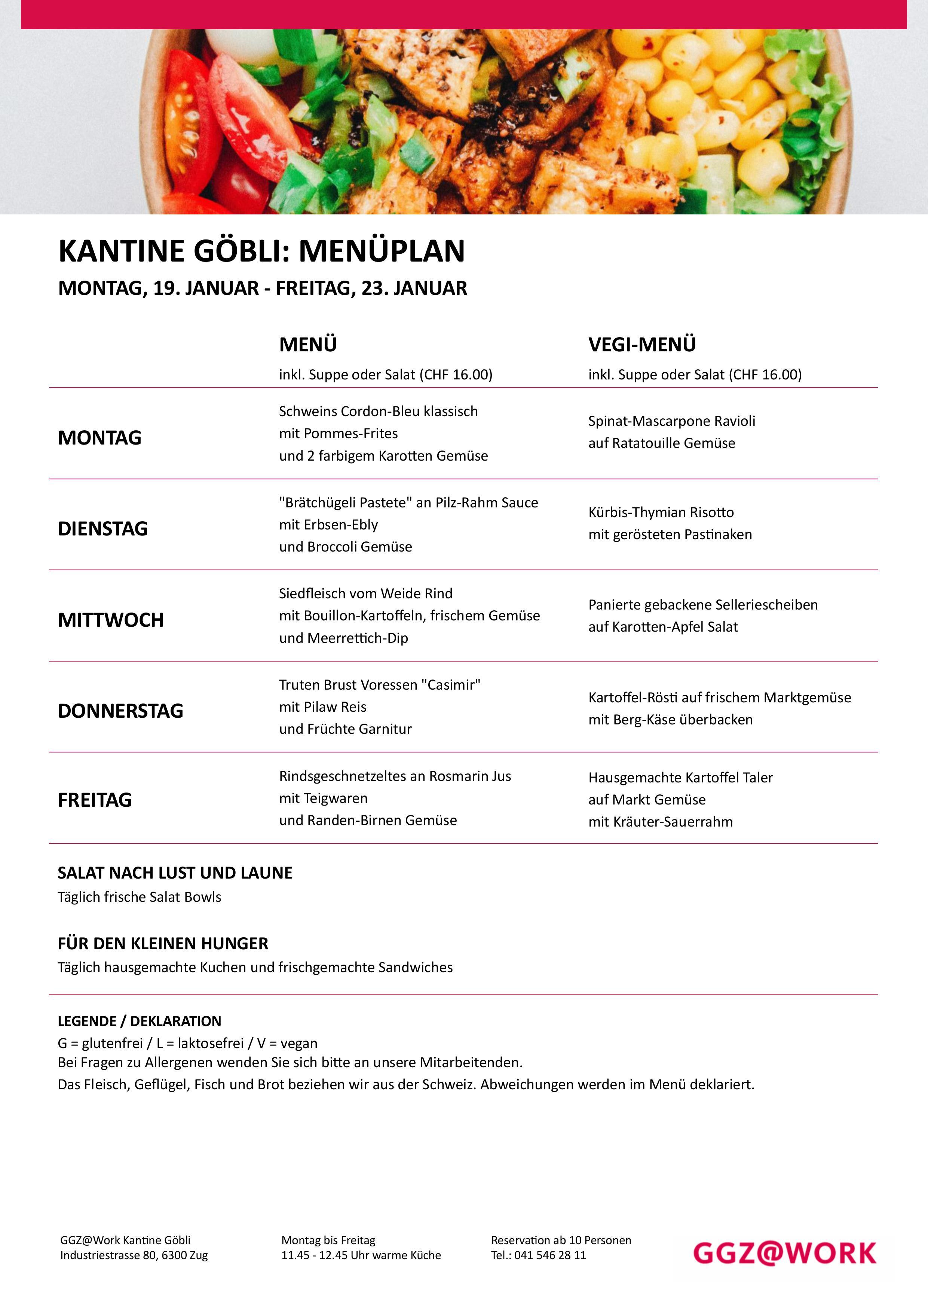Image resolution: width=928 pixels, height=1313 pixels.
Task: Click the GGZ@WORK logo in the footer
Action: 784,1253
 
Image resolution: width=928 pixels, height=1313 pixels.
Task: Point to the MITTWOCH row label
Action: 111,620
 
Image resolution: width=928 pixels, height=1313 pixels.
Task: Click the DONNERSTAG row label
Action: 121,711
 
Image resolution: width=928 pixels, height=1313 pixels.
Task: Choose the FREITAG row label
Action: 95,800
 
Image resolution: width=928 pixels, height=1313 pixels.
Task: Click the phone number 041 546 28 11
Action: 550,1255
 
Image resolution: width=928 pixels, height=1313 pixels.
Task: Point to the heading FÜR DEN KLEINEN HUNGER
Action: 163,944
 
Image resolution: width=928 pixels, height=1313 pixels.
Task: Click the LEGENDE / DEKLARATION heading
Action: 140,1022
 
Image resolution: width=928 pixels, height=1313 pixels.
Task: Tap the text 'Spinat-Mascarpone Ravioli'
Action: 672,421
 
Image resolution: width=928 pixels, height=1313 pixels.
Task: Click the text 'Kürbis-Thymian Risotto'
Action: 661,512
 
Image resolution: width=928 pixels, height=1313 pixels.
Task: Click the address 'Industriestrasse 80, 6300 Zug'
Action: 134,1255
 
